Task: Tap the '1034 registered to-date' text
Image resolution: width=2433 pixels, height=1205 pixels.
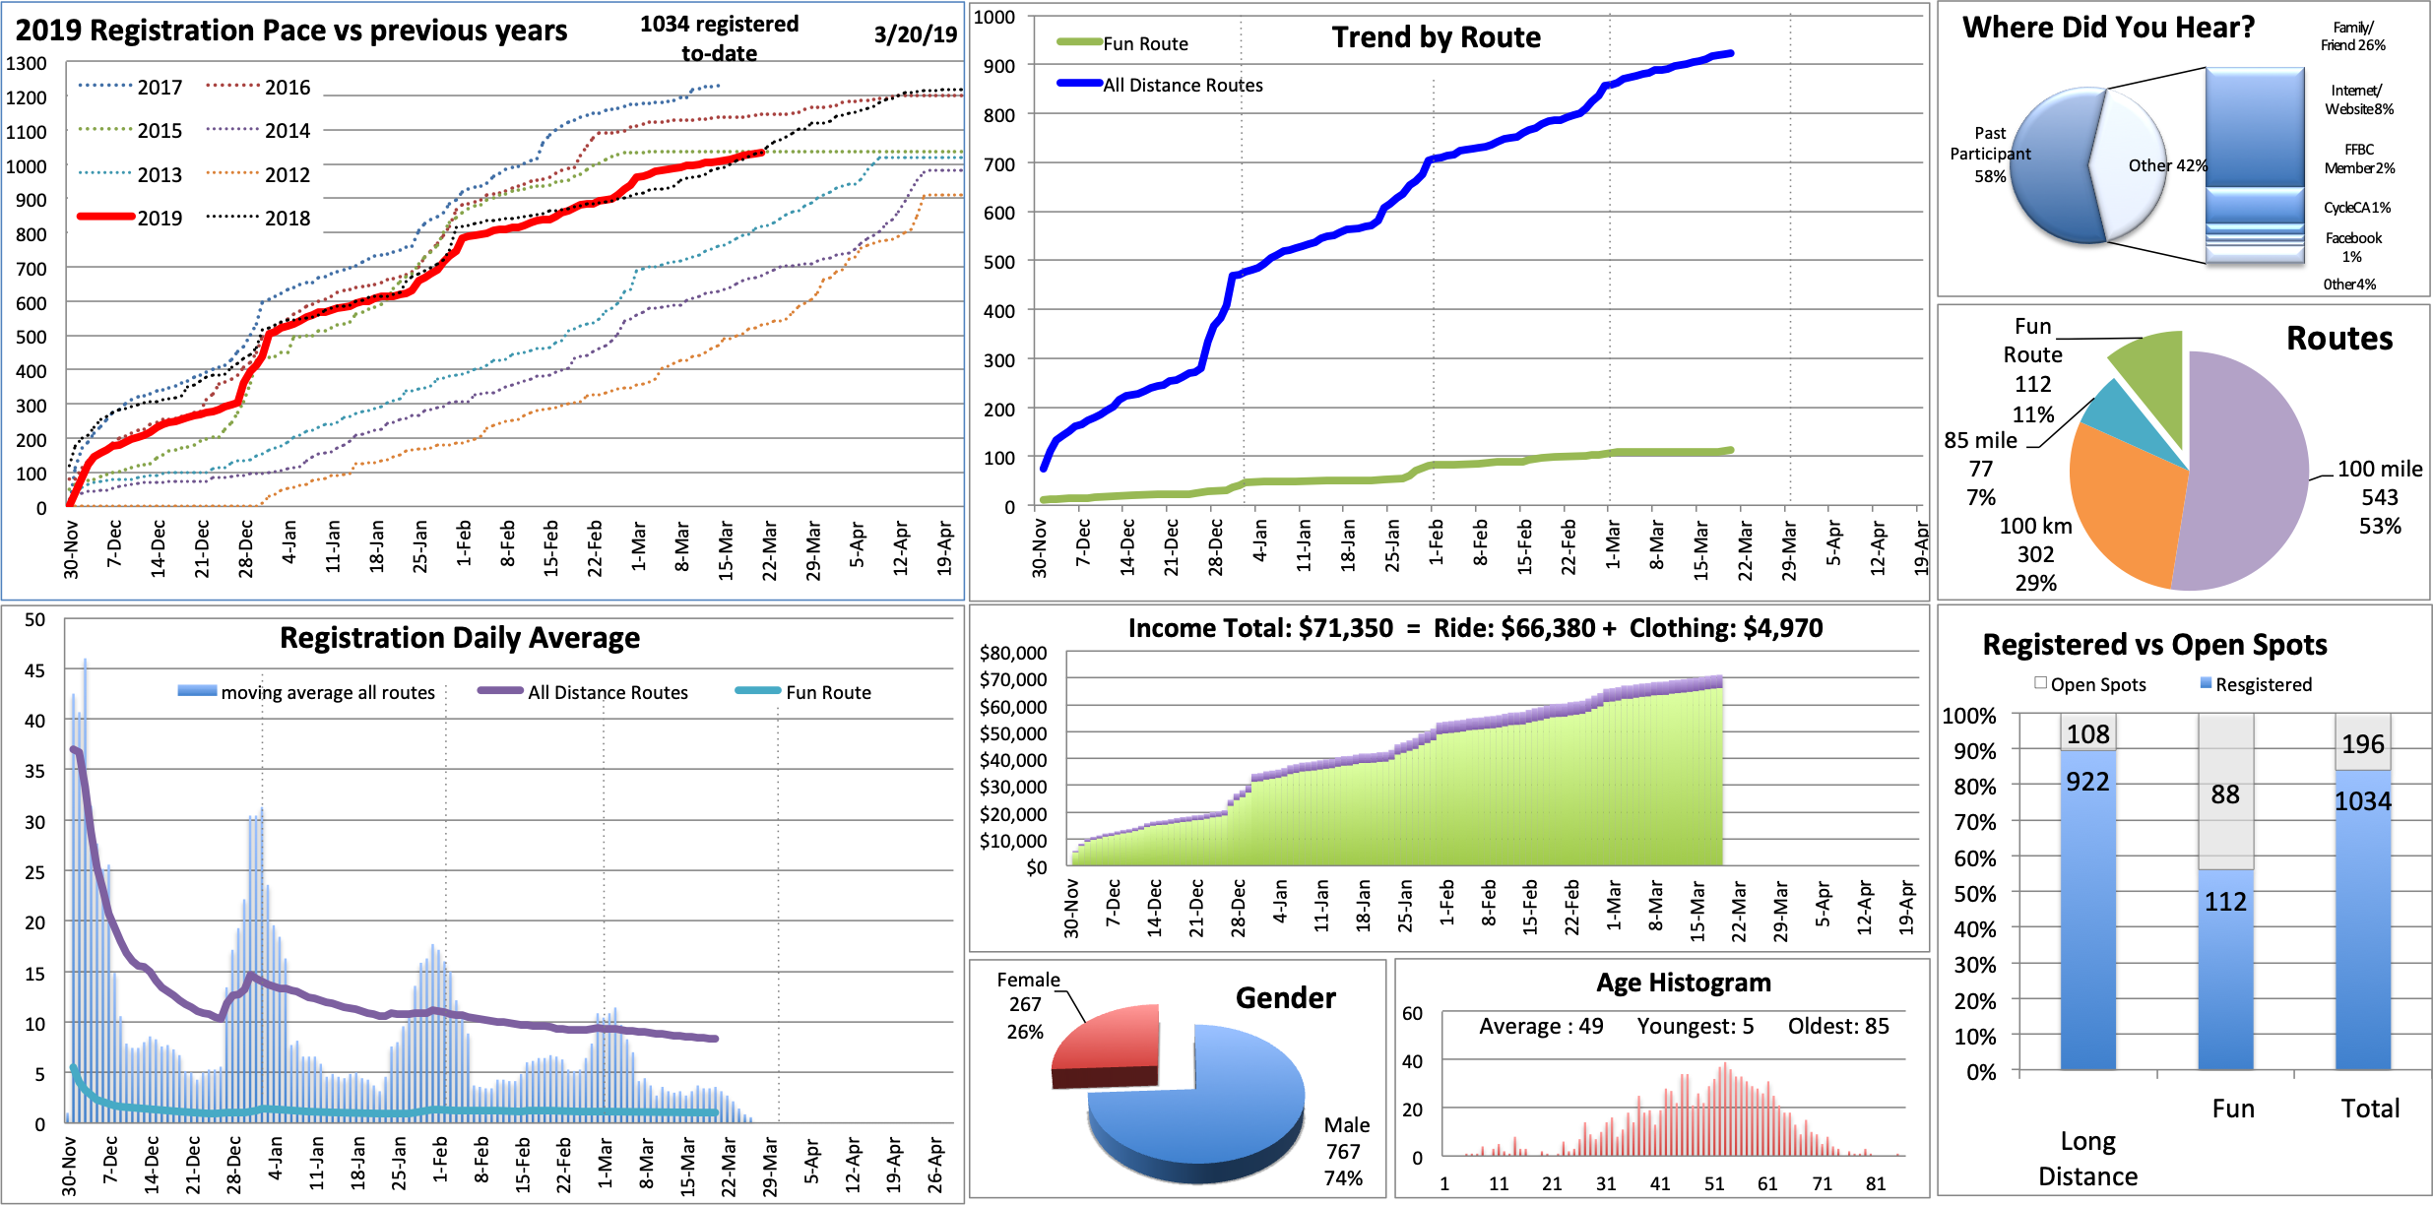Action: point(719,38)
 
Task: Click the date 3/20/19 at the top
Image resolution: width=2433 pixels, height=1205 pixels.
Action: point(915,34)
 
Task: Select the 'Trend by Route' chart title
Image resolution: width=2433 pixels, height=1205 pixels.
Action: point(1436,37)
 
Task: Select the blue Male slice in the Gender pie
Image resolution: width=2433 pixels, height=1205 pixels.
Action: point(1211,1112)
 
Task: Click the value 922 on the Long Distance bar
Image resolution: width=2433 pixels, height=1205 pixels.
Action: point(2087,782)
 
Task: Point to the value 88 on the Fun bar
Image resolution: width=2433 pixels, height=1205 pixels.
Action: point(2225,794)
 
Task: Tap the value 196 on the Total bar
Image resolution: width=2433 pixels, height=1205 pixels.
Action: point(2363,744)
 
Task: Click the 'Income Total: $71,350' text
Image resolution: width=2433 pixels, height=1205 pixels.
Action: point(1260,628)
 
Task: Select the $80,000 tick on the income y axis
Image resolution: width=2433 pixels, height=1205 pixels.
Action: point(1013,653)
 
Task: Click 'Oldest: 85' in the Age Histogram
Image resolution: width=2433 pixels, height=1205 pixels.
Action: point(1838,1026)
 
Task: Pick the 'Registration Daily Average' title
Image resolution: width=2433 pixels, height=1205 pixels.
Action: point(460,638)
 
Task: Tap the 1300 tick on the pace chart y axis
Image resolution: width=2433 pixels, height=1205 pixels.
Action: point(27,64)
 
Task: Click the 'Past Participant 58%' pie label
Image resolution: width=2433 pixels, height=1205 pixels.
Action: point(1990,155)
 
